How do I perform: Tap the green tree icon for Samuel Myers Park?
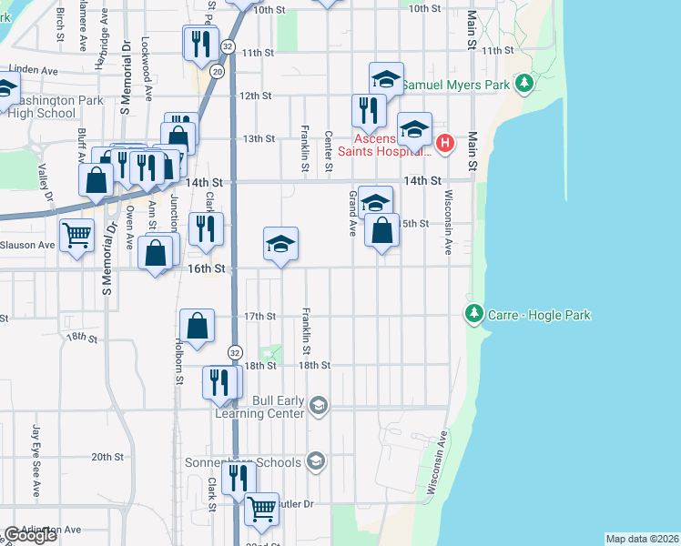[x=523, y=85]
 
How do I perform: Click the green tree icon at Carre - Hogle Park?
[x=473, y=315]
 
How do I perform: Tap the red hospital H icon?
[x=444, y=142]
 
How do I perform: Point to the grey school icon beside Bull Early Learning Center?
[x=318, y=405]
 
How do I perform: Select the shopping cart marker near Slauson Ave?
[x=77, y=235]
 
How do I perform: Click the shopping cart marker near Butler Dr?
[x=262, y=508]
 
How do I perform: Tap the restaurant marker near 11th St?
[x=199, y=43]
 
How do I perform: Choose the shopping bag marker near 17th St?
[x=198, y=325]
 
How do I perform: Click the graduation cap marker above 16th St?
[x=280, y=242]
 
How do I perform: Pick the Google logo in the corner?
[x=31, y=535]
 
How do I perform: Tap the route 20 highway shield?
[x=217, y=71]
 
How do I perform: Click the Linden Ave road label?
[x=33, y=70]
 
